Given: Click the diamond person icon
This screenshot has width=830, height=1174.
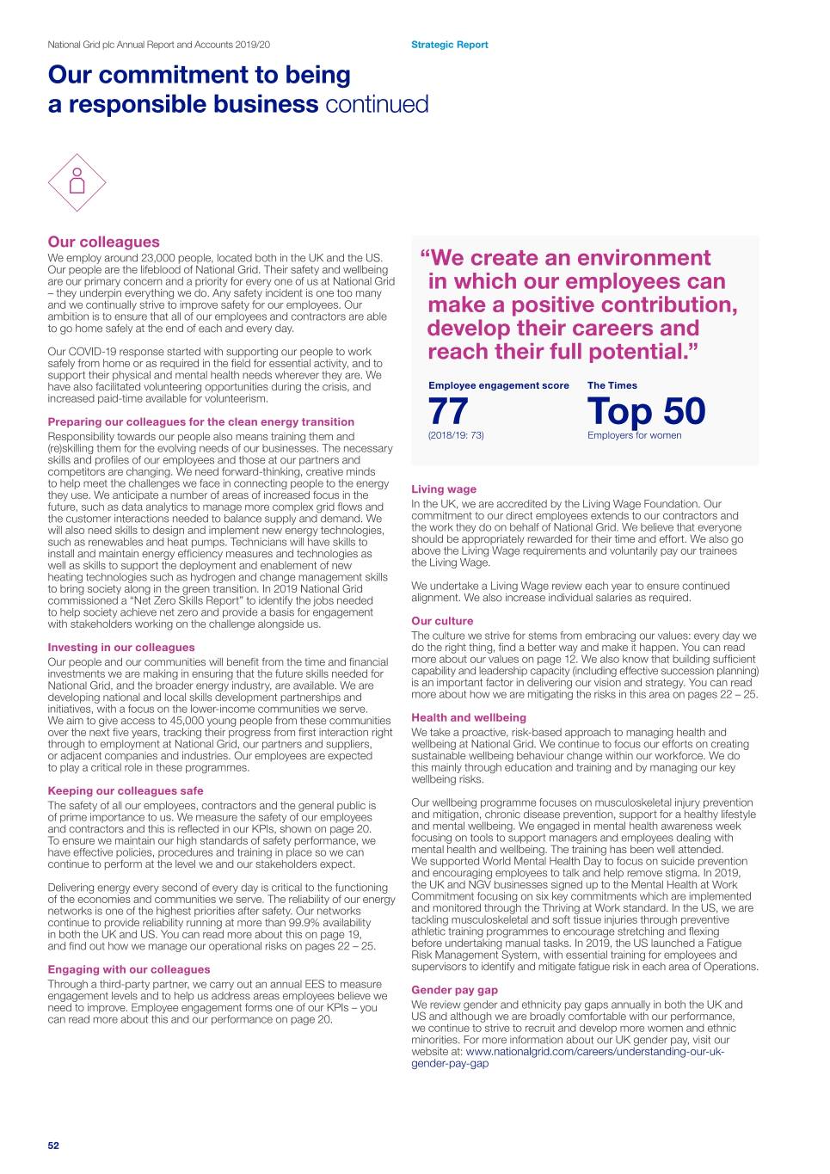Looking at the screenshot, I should (77, 183).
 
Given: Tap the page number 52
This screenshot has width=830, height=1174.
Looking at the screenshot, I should (53, 1146).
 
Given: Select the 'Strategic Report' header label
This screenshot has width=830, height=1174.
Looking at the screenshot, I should (449, 45).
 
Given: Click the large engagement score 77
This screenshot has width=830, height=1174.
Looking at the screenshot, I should (448, 411).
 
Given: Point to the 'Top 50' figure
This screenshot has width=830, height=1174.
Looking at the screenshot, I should (646, 411).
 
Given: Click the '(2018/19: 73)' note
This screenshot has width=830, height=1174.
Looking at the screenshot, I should (456, 435).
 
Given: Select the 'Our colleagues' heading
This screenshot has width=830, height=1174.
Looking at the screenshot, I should (104, 242).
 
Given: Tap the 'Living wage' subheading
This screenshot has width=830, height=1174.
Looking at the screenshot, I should (444, 489).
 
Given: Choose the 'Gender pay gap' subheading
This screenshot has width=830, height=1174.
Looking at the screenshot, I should (454, 990).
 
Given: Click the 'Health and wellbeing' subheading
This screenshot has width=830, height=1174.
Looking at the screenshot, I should (469, 717).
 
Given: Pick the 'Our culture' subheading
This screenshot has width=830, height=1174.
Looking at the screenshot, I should (442, 621).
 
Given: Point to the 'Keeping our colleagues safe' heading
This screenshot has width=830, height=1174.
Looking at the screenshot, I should (126, 790).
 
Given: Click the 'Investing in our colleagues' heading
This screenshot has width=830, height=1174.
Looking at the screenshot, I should (121, 648).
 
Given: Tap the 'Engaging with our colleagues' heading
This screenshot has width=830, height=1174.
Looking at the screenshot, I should (129, 969).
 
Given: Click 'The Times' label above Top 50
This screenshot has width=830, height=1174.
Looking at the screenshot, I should (612, 385).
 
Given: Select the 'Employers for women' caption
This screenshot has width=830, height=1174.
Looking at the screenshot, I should (634, 435).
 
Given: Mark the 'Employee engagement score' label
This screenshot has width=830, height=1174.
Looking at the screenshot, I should (499, 385).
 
